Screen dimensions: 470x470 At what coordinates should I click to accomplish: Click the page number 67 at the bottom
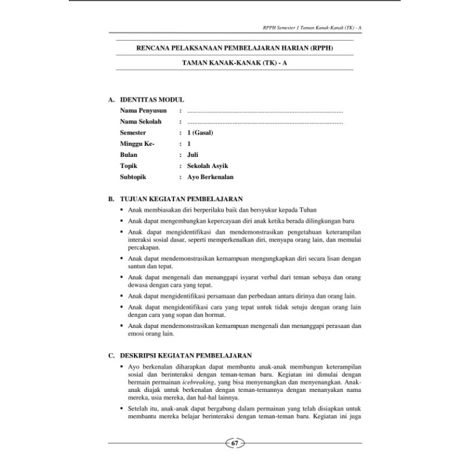234,443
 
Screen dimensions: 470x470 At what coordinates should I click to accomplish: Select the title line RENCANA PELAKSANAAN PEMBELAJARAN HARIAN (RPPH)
234,48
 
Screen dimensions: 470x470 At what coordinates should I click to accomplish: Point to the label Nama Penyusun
144,110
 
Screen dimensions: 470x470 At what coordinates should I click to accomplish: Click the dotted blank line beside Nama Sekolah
264,122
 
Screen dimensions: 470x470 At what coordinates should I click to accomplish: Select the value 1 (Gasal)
200,133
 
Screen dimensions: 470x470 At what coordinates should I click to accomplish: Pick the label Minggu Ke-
137,144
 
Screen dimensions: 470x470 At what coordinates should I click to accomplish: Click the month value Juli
193,155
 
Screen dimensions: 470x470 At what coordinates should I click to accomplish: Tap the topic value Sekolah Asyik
206,166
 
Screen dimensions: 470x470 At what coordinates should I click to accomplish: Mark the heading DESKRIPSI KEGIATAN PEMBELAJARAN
186,355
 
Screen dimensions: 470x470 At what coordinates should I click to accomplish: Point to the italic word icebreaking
200,382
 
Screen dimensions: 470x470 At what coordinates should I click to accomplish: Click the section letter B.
110,199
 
